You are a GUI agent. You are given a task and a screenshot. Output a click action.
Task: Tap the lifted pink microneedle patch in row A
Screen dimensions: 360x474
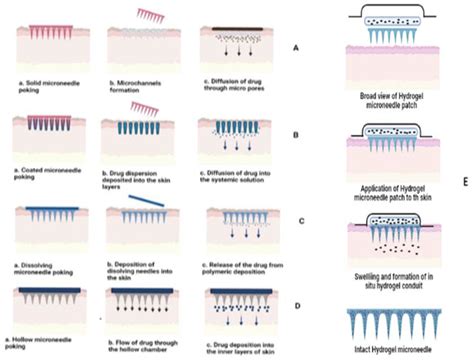152,15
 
